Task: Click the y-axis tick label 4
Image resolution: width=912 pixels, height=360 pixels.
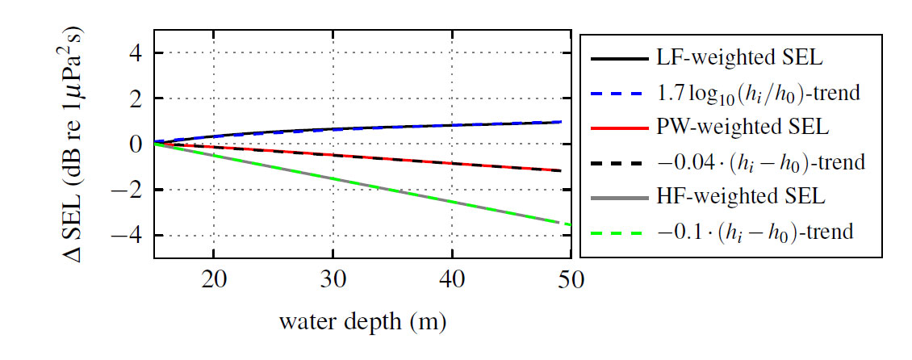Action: click(x=136, y=53)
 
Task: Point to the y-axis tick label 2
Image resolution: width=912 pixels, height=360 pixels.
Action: click(x=136, y=98)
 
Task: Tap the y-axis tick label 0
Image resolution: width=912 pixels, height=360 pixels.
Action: click(x=136, y=144)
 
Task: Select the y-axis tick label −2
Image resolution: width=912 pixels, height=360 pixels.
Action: click(x=129, y=190)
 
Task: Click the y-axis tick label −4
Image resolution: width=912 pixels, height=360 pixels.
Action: click(x=129, y=236)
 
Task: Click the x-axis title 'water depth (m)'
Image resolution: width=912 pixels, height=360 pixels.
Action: click(x=362, y=323)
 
